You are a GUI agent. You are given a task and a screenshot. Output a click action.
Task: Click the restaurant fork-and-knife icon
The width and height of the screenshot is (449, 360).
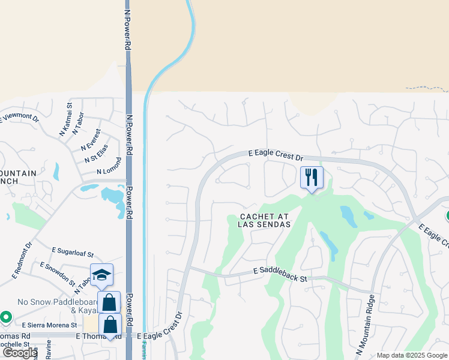tap(312, 177)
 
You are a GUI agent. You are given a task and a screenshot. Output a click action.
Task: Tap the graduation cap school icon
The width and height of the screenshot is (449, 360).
tap(101, 275)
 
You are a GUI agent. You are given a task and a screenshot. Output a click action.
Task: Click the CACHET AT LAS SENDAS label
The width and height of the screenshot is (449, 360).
tap(264, 220)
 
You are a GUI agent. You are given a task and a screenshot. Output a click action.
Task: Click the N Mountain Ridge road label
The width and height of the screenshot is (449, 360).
tap(365, 325)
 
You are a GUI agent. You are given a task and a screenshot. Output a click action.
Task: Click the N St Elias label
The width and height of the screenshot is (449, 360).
tap(96, 153)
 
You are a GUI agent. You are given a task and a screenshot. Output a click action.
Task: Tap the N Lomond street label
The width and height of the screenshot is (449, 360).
tap(109, 166)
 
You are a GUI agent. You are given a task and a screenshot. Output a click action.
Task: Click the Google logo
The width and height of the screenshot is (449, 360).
tap(20, 353)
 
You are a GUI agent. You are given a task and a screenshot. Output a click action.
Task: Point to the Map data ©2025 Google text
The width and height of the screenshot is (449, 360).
tap(412, 355)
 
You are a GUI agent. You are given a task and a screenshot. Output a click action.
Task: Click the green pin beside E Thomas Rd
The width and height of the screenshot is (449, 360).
tap(6, 316)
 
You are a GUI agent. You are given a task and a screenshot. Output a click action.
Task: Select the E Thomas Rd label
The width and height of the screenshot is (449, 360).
tap(15, 336)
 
